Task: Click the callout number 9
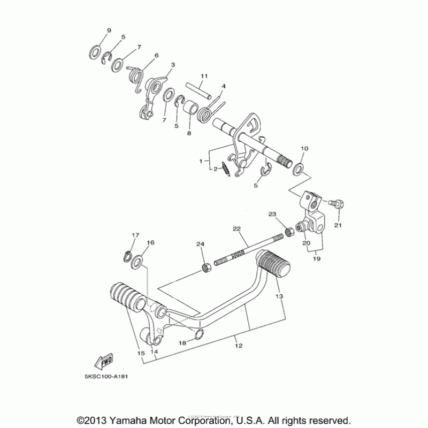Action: (x=109, y=30)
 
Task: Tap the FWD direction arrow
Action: (x=103, y=363)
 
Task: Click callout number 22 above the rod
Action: (x=236, y=228)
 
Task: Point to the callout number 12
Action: (x=239, y=346)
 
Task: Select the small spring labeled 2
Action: (x=227, y=171)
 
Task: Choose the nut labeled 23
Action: (x=290, y=232)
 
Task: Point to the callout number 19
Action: (x=317, y=258)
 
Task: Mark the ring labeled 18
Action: (x=199, y=335)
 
